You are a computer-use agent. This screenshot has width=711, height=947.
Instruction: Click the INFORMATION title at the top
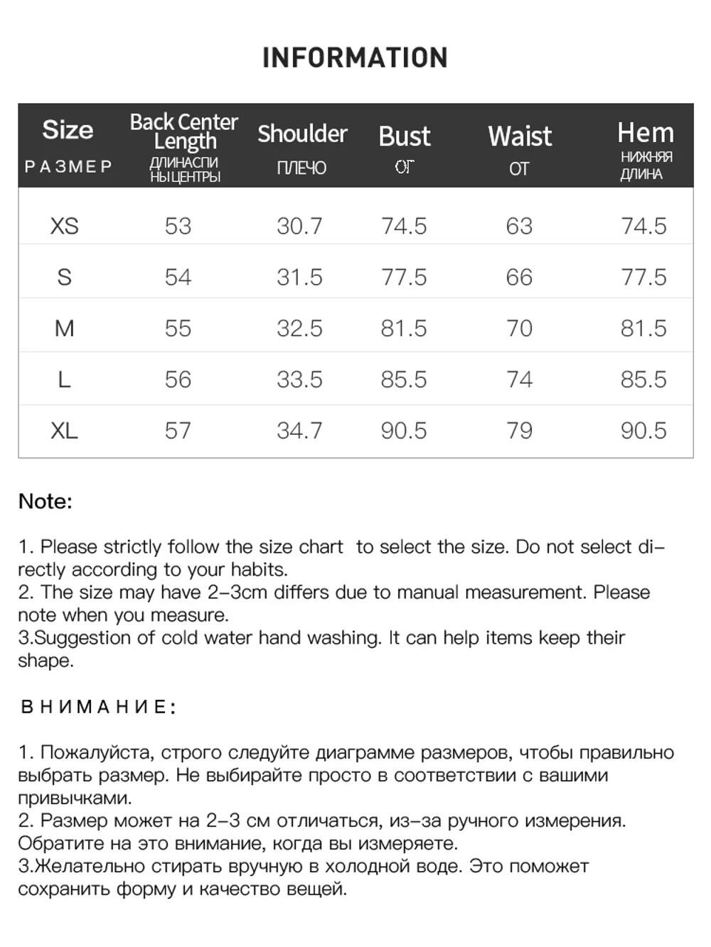tap(355, 58)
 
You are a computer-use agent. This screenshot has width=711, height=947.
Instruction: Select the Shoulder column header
tap(302, 134)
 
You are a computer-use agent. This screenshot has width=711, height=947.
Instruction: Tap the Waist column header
tap(520, 136)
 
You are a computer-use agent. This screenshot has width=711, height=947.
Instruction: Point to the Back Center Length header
tap(183, 131)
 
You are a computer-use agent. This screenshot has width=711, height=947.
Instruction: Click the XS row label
tap(64, 226)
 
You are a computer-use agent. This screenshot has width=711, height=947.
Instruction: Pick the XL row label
tap(64, 431)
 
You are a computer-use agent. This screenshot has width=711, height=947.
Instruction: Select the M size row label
tap(64, 328)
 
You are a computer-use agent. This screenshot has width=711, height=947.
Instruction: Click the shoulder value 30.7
tap(299, 226)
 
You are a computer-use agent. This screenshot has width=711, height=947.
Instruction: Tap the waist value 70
tap(519, 328)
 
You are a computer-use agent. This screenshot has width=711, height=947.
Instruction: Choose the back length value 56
tap(178, 379)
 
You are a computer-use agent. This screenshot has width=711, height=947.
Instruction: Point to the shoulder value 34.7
tap(299, 431)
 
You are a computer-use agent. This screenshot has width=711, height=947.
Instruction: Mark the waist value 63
tap(519, 226)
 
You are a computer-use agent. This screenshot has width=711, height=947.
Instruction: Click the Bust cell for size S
tap(404, 277)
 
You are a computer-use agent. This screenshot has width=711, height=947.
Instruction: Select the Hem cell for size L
tap(643, 379)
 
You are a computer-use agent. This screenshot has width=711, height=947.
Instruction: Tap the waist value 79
tap(519, 431)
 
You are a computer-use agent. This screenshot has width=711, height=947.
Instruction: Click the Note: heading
tap(46, 502)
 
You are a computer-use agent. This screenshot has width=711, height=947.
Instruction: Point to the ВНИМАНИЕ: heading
tap(98, 707)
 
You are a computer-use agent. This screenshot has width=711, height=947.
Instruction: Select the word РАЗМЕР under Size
tap(68, 167)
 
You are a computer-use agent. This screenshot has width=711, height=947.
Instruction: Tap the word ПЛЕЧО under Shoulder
tap(301, 168)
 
